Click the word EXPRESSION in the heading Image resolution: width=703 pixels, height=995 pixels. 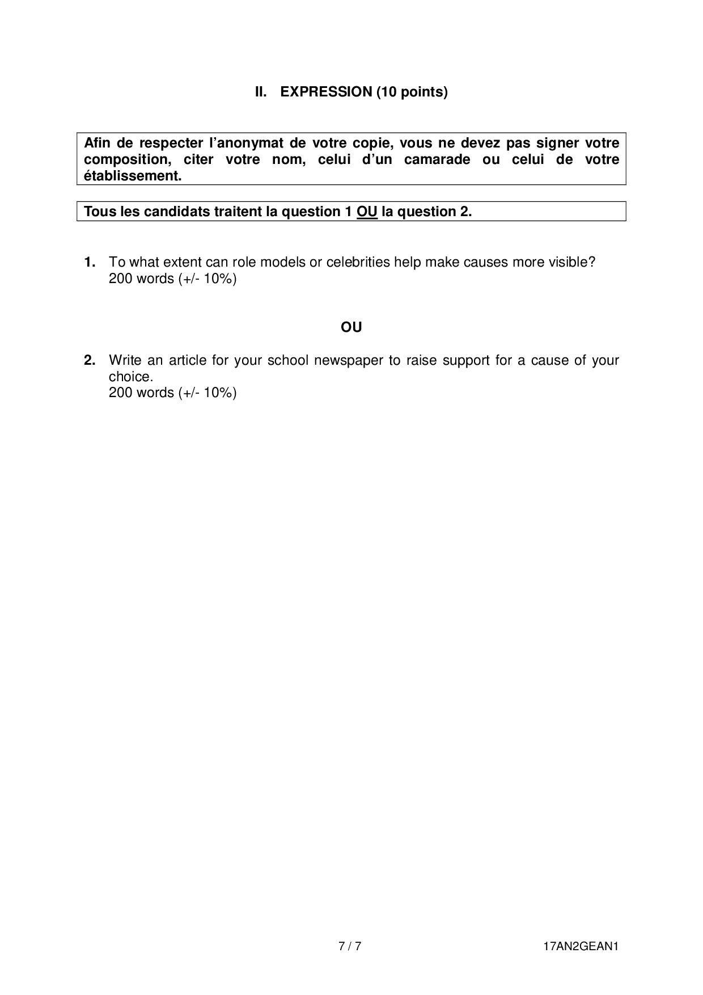326,92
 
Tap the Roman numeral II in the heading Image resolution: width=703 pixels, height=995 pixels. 260,92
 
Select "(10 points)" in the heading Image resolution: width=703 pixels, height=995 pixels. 412,92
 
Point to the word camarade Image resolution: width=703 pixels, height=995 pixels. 437,159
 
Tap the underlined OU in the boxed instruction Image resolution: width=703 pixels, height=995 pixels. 367,212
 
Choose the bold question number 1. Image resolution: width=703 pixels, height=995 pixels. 90,262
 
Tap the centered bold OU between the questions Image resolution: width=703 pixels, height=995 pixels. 351,327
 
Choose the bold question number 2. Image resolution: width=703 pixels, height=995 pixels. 90,360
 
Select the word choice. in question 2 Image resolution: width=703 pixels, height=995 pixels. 131,377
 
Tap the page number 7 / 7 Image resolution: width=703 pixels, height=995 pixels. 350,946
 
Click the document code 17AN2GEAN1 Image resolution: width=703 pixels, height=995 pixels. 579,946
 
